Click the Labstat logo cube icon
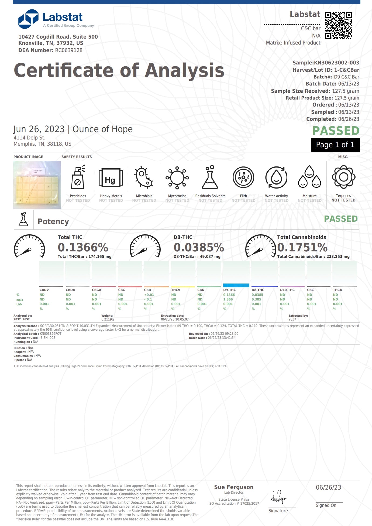tap(28, 19)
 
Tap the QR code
tap(338, 25)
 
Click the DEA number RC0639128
tap(69, 50)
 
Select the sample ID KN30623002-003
tap(336, 63)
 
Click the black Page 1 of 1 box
tap(335, 145)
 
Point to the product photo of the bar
tap(37, 185)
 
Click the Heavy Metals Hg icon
tap(111, 178)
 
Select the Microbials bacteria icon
tap(144, 177)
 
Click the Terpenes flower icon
tap(343, 177)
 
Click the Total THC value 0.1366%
tap(83, 247)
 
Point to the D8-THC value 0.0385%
tap(199, 247)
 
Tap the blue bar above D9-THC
tap(236, 285)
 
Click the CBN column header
tap(201, 290)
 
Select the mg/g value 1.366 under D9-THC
tap(228, 299)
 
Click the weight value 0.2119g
tap(108, 319)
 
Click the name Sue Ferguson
tap(234, 487)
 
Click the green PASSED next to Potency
tap(341, 219)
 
